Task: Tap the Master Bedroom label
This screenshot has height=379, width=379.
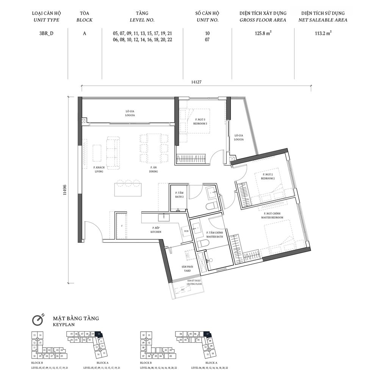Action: click(272, 215)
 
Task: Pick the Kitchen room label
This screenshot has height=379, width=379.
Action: click(156, 229)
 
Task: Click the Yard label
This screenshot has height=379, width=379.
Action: click(187, 269)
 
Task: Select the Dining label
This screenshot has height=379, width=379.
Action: click(153, 169)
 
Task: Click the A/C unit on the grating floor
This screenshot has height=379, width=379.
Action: click(182, 289)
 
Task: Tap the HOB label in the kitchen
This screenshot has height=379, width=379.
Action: click(186, 231)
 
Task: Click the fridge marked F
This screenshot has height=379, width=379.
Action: click(122, 226)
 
